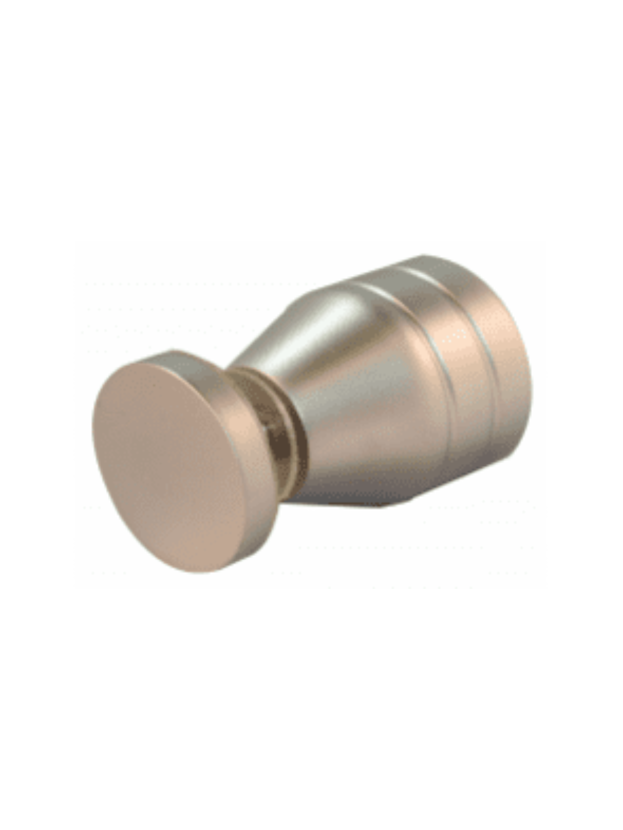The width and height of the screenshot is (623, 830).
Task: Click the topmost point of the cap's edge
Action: [171, 353]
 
